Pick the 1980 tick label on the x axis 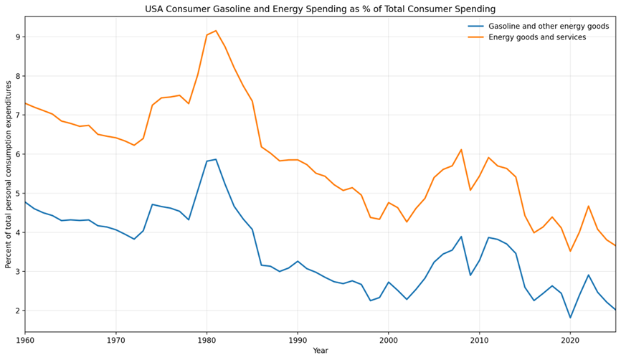click(x=207, y=341)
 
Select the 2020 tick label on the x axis click(x=570, y=341)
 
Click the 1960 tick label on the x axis click(x=25, y=341)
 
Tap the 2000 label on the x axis click(x=389, y=341)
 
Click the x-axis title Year click(x=320, y=351)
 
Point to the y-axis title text click(x=9, y=174)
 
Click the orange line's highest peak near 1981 click(x=216, y=31)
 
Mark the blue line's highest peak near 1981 click(x=216, y=159)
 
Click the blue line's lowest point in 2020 click(x=570, y=318)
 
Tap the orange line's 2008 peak click(x=461, y=150)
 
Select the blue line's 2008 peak click(x=461, y=237)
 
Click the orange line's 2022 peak click(x=588, y=207)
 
